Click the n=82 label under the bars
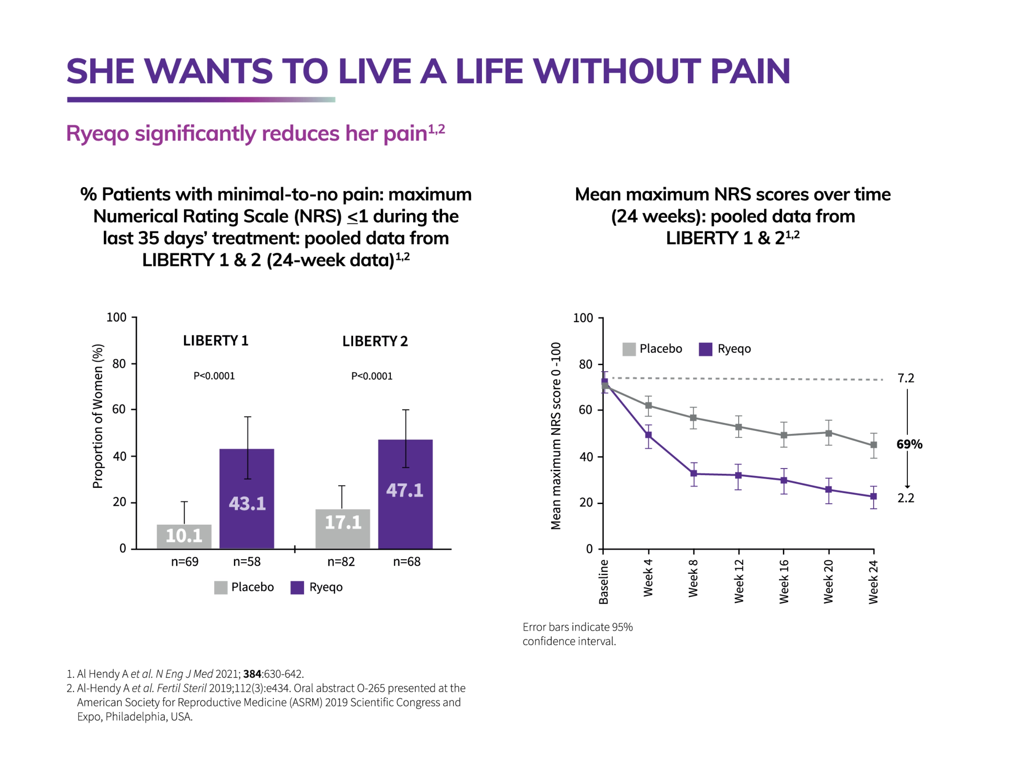341,562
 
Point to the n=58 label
247,562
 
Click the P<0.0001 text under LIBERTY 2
372,376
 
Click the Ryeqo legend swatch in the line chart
706,349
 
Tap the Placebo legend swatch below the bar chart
221,588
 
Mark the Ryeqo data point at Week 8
693,474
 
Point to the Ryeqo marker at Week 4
649,435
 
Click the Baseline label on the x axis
604,582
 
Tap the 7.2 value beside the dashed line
905,378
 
